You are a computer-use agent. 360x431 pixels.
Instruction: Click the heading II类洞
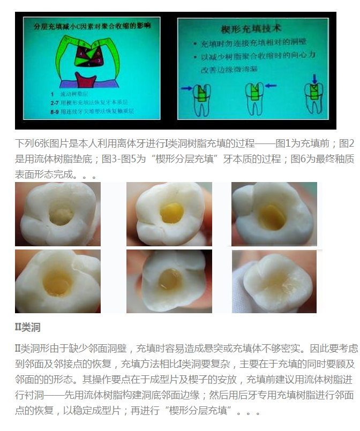27,327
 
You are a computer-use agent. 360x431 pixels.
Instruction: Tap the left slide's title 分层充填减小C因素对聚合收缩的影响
92,25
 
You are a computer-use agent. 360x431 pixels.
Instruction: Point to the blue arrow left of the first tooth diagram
186,87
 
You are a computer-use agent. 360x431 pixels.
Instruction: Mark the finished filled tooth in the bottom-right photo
274,281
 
